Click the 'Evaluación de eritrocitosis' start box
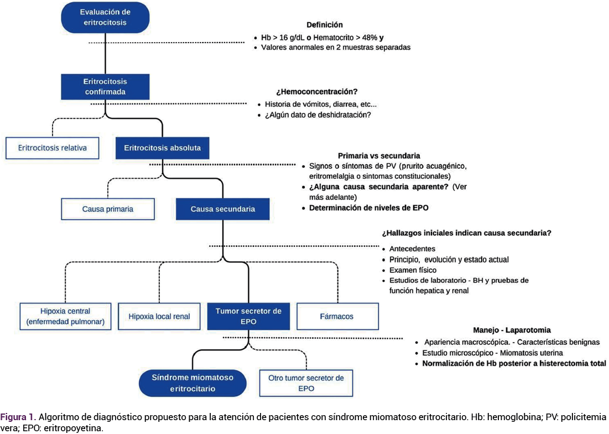click(105, 18)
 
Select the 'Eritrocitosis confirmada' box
click(105, 87)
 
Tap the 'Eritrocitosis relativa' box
click(52, 148)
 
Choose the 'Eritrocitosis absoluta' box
click(162, 148)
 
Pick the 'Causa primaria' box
click(108, 209)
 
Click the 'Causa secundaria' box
click(222, 209)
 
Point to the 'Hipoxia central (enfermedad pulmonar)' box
click(65, 316)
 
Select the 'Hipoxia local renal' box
click(159, 317)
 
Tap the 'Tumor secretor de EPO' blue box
click(248, 316)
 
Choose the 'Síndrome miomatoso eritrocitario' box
click(192, 383)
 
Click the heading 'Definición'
click(325, 25)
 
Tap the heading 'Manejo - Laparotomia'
click(512, 330)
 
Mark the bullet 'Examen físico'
click(413, 270)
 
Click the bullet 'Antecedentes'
click(412, 249)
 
